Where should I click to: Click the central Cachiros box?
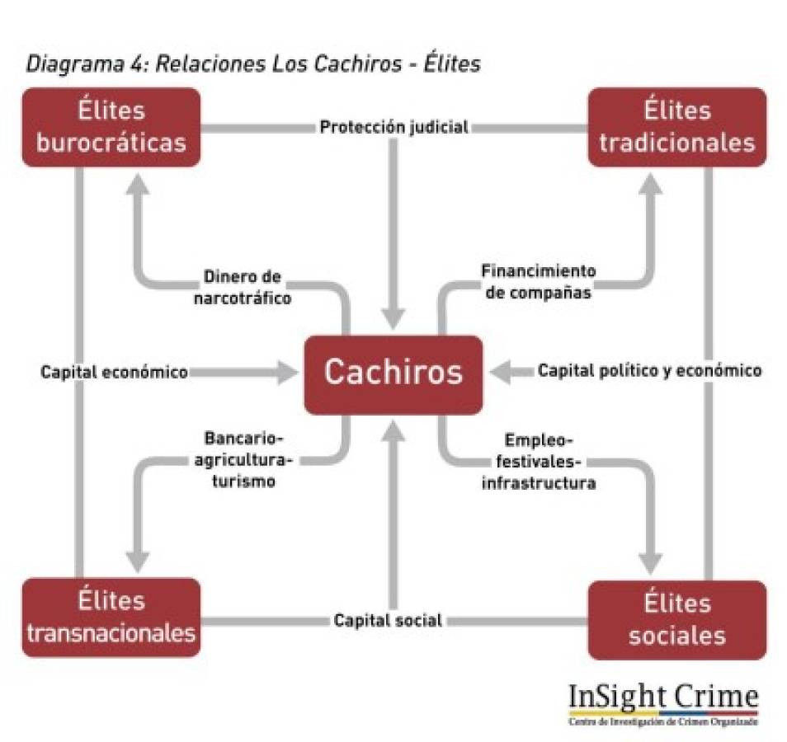393,373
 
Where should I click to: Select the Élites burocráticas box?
111,126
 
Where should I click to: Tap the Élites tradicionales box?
676,126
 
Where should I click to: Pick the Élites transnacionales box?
111,618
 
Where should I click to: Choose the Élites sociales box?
676,619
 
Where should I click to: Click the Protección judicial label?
393,128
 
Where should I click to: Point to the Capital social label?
388,620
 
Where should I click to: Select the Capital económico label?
114,372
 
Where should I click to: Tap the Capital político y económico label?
649,371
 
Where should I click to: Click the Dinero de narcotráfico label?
242,286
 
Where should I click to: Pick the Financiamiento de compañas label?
538,281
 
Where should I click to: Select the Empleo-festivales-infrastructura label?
538,461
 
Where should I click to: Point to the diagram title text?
252,64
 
